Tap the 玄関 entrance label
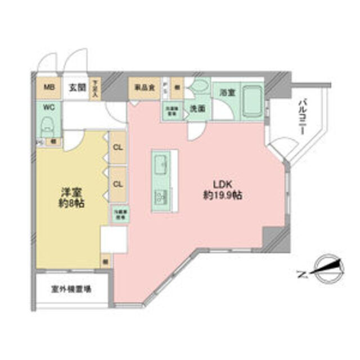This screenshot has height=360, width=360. (x=77, y=88)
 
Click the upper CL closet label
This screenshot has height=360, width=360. (x=118, y=148)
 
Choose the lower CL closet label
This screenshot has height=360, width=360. (x=118, y=184)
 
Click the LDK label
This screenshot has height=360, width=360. (x=223, y=184)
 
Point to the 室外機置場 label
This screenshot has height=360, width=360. (x=73, y=289)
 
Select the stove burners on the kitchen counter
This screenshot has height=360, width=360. (x=160, y=197)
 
